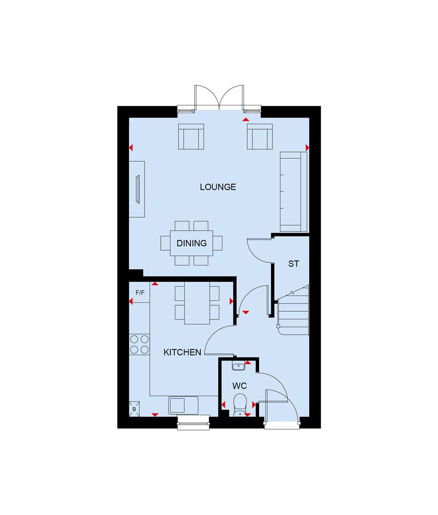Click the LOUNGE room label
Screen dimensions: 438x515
tap(218, 187)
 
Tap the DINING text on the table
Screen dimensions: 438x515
tap(191, 243)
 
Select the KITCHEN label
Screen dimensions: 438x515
tap(182, 352)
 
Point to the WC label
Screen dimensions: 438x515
tap(240, 386)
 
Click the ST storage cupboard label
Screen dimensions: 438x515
tap(294, 263)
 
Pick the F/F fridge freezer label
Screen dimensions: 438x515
tap(140, 292)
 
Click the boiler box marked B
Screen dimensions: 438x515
tap(134, 409)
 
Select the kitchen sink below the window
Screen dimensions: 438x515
tap(183, 405)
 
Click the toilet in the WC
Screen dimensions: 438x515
tap(240, 405)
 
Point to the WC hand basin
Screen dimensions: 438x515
tap(239, 365)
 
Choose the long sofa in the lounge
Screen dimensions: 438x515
tap(293, 192)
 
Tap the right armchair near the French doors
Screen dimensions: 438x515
tap(260, 136)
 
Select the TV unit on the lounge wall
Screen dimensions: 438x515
tap(137, 189)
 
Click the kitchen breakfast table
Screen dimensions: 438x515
tap(197, 303)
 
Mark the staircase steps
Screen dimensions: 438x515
tap(293, 310)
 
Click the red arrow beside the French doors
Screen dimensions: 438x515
tap(245, 120)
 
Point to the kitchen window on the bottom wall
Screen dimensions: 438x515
tap(194, 422)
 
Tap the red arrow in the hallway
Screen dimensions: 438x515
tap(245, 312)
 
